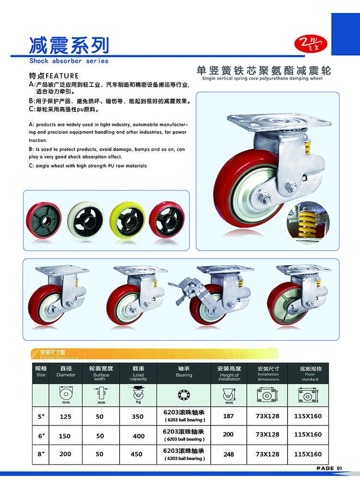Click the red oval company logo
[311, 44]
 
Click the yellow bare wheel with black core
[127, 219]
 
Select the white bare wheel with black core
[85, 219]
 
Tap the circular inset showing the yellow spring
[307, 221]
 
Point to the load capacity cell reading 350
[138, 417]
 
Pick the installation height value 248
[228, 454]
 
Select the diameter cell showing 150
[65, 436]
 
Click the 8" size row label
[41, 454]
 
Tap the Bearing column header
[184, 372]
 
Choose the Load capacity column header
[138, 373]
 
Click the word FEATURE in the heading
[62, 76]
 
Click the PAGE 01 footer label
[329, 468]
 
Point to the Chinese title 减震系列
[69, 46]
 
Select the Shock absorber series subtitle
[69, 61]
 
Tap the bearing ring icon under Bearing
[184, 395]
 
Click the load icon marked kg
[138, 395]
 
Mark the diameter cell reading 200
[65, 454]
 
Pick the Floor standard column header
[310, 373]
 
